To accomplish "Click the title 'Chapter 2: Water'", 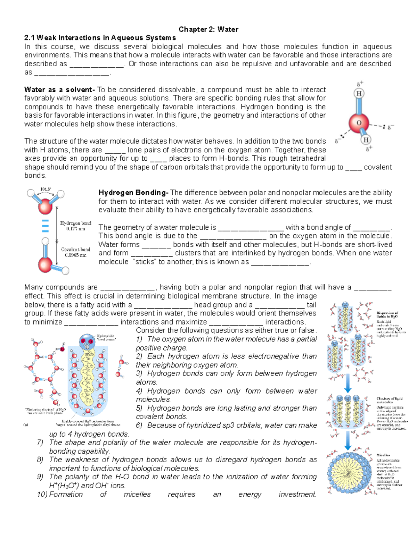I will pyautogui.click(x=208, y=30).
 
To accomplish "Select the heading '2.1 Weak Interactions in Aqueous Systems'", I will pyautogui.click(x=100, y=38).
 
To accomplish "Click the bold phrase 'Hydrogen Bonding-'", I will pyautogui.click(x=133, y=193).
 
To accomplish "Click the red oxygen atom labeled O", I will pyautogui.click(x=359, y=123).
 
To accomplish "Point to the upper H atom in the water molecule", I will pyautogui.click(x=359, y=93).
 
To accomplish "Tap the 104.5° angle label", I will pyautogui.click(x=46, y=189).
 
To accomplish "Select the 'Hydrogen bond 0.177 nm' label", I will pyautogui.click(x=75, y=226).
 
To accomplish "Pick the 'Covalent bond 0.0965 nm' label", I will pyautogui.click(x=75, y=252).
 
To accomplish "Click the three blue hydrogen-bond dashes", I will pyautogui.click(x=45, y=226).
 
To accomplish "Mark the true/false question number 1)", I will pyautogui.click(x=139, y=339).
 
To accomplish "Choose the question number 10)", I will pyautogui.click(x=42, y=494).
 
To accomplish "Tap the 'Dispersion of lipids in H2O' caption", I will pyautogui.click(x=387, y=315).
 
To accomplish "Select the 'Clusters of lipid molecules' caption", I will pyautogui.click(x=389, y=401).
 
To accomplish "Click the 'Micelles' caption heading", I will pyautogui.click(x=383, y=455).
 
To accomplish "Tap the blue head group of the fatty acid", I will pyautogui.click(x=87, y=342).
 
